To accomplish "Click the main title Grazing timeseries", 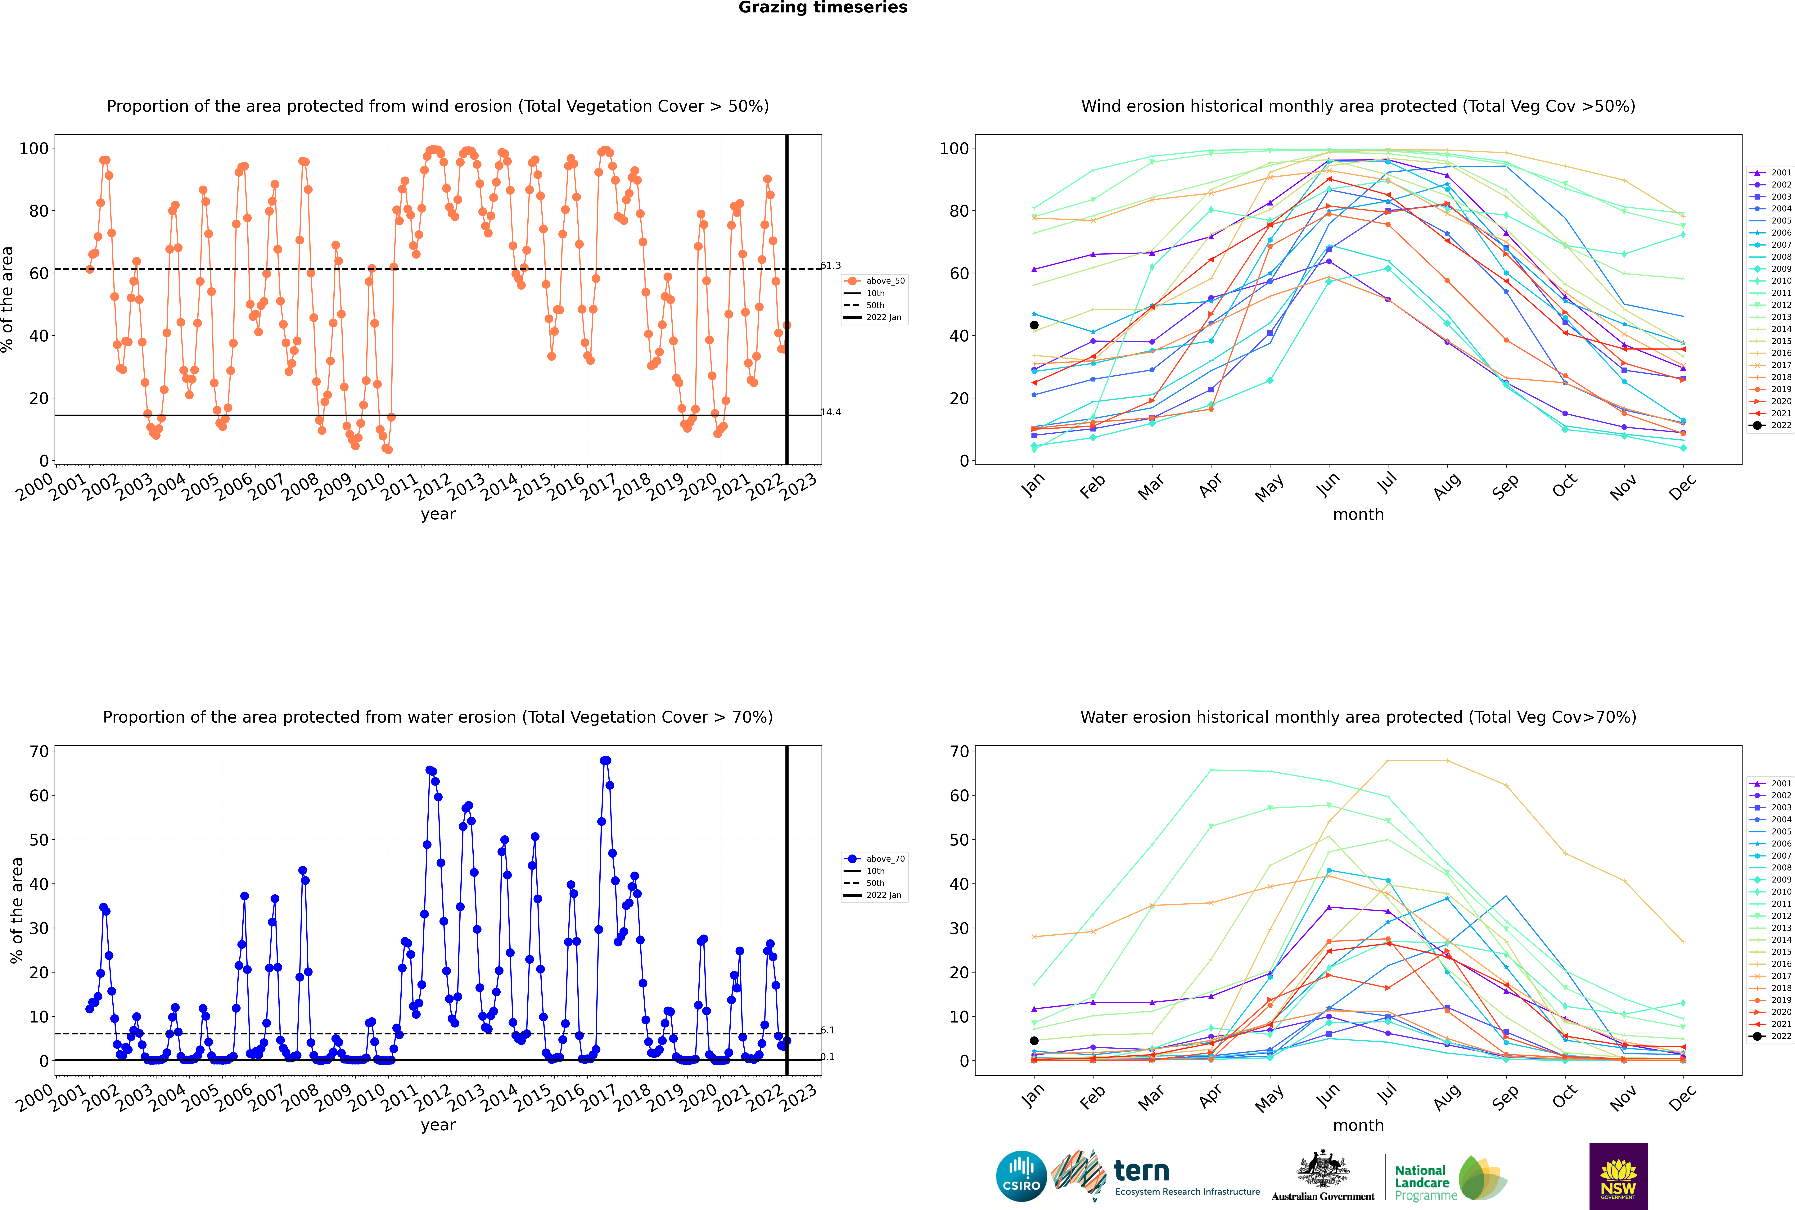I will (x=823, y=8).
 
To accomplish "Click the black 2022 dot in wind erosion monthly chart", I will (x=1034, y=325).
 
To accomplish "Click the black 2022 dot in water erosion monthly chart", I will (x=1034, y=1040).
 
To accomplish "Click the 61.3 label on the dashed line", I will (x=831, y=265).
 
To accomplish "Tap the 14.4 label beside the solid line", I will (x=831, y=412).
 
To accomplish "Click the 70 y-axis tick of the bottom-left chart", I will (x=38, y=752).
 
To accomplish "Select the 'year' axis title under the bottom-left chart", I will (x=438, y=1125).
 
